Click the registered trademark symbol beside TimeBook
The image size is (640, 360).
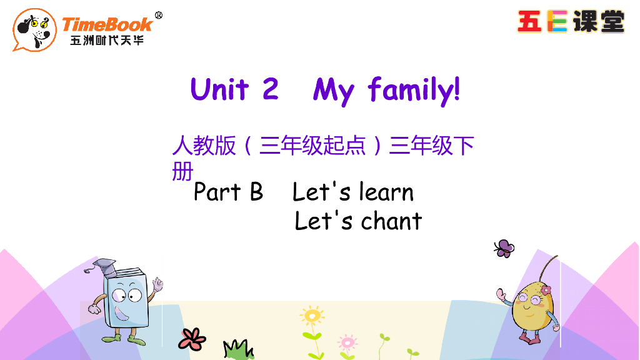[158, 16]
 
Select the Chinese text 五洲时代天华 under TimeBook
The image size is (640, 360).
[107, 41]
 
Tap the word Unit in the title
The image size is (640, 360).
[219, 89]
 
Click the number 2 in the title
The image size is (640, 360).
[270, 89]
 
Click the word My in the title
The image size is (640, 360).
[334, 91]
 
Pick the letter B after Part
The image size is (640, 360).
[256, 192]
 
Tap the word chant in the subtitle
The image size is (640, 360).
[391, 221]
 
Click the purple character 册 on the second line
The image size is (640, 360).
[182, 171]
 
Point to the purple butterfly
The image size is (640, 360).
[504, 248]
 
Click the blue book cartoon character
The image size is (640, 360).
[127, 297]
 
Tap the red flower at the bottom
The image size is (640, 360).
[192, 338]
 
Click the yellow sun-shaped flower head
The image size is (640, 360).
[311, 314]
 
